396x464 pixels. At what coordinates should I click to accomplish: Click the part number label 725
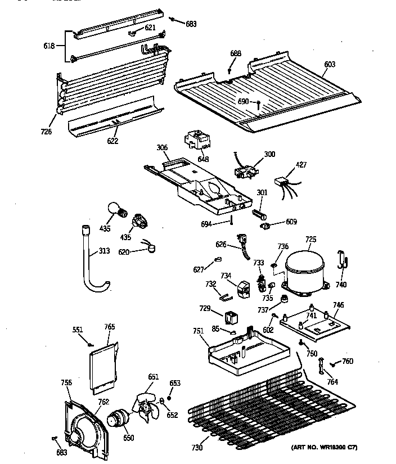(310, 239)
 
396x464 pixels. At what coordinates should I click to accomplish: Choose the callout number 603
(330, 65)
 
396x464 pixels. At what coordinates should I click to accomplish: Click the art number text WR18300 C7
(324, 447)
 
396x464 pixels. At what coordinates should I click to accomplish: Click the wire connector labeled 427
(281, 182)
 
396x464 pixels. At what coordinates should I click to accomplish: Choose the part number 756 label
(66, 383)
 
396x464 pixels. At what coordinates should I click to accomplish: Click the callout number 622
(112, 141)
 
